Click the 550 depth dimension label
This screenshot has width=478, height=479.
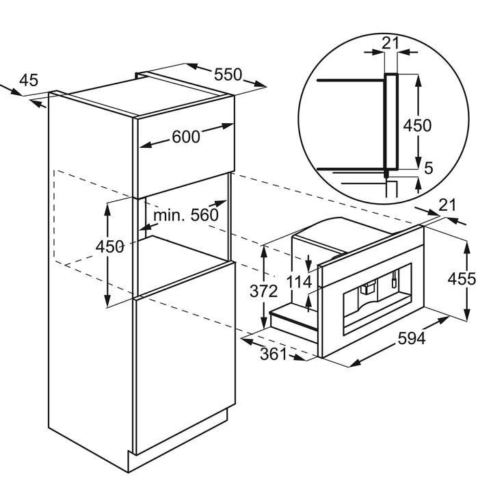228,75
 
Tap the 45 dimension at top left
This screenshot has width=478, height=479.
29,80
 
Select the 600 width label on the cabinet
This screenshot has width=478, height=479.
186,137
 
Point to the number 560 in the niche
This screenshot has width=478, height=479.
204,215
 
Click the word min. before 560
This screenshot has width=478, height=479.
169,215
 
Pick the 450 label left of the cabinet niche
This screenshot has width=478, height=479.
110,246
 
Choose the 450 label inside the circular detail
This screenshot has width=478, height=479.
417,125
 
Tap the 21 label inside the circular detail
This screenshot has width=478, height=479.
390,43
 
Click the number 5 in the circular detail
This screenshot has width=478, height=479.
429,168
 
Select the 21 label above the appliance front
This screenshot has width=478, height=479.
447,205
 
